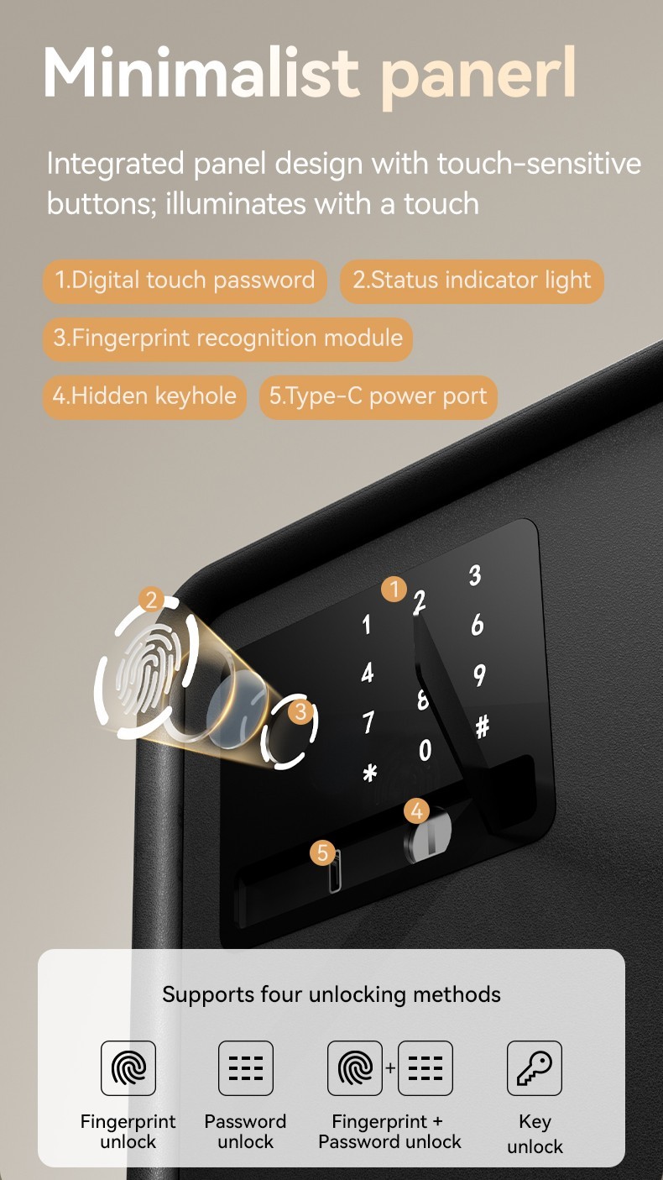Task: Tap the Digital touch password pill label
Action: click(x=185, y=281)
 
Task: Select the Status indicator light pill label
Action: click(x=472, y=281)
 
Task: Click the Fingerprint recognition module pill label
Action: click(x=227, y=338)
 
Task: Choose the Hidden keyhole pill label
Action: click(x=144, y=396)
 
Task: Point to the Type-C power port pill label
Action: click(x=378, y=396)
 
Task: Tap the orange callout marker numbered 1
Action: click(x=394, y=590)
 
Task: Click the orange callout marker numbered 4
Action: click(x=416, y=811)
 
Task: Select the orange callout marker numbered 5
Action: click(x=322, y=853)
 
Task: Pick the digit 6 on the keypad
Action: click(x=478, y=625)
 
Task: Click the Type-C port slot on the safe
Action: click(x=335, y=872)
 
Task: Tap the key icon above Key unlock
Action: click(x=535, y=1068)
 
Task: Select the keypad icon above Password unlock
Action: click(x=246, y=1068)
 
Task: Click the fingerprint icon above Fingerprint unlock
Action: click(x=128, y=1068)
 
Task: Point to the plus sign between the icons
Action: click(x=390, y=1069)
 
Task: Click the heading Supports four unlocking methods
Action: click(x=331, y=995)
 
